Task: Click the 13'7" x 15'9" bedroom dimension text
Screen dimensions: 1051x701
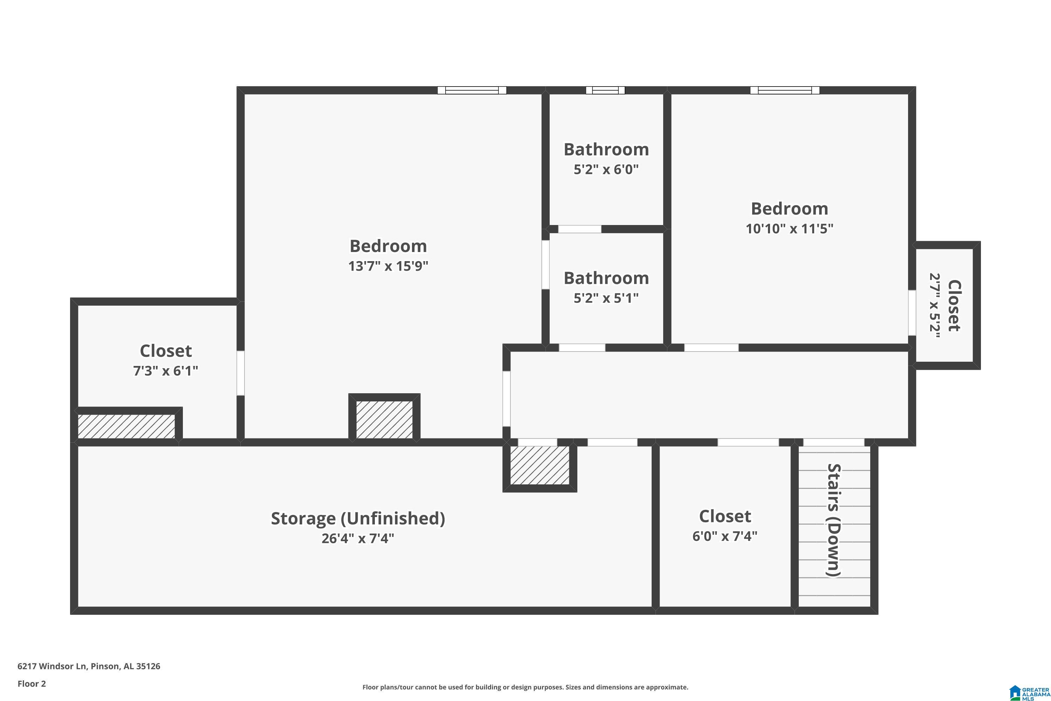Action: tap(388, 266)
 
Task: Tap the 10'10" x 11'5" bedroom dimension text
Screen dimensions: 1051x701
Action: tap(789, 229)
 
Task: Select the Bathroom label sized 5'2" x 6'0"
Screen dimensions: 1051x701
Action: tap(606, 149)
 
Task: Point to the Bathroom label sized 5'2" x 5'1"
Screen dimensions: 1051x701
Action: tap(606, 278)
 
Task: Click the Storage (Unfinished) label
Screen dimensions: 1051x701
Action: tap(358, 518)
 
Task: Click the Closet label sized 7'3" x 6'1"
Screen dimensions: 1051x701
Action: tap(166, 351)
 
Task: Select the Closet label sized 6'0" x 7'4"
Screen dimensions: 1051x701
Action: tap(725, 516)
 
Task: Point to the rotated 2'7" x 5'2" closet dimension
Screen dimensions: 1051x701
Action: tap(935, 306)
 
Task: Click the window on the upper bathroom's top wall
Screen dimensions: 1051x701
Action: tap(605, 90)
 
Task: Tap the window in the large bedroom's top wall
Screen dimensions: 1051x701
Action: tap(472, 90)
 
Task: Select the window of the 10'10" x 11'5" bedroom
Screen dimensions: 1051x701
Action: tap(785, 90)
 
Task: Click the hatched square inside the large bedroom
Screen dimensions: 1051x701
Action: tap(384, 419)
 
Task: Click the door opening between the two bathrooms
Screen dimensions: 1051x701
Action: tap(579, 229)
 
